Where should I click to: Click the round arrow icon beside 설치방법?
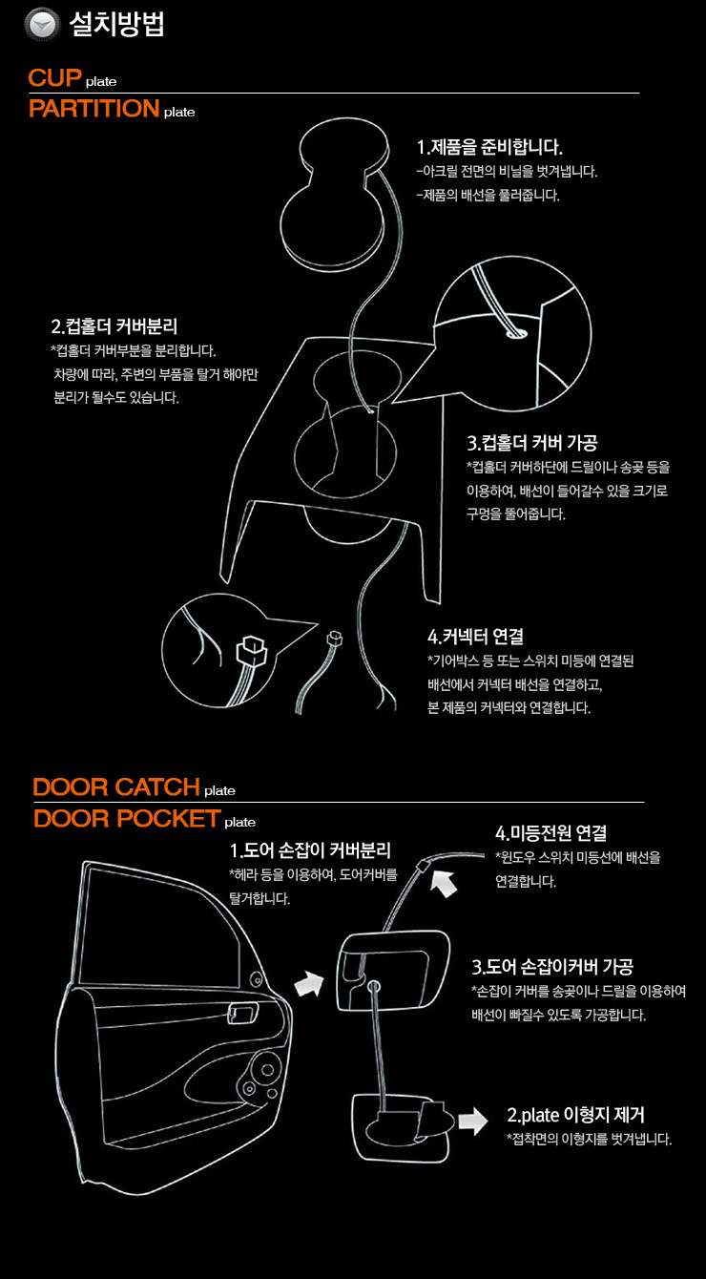click(42, 25)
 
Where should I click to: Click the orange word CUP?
click(54, 77)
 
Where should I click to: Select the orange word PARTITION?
click(94, 109)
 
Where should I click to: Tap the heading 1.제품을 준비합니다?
click(489, 147)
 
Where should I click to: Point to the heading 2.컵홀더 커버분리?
click(114, 326)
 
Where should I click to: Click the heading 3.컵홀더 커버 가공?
click(532, 443)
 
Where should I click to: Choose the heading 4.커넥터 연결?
click(475, 636)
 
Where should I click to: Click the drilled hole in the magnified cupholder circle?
click(516, 333)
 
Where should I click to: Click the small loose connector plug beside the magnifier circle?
click(335, 638)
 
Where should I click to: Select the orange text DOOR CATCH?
click(116, 787)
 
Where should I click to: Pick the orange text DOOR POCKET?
click(127, 819)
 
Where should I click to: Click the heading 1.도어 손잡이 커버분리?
click(310, 850)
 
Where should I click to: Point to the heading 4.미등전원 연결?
click(550, 833)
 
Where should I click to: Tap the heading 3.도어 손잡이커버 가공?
click(552, 967)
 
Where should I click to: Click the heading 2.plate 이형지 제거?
click(576, 1115)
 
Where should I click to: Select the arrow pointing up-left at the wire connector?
click(444, 883)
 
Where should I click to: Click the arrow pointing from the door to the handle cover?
click(309, 984)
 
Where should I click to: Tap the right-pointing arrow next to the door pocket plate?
click(472, 1121)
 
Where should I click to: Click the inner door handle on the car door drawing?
click(242, 1014)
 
